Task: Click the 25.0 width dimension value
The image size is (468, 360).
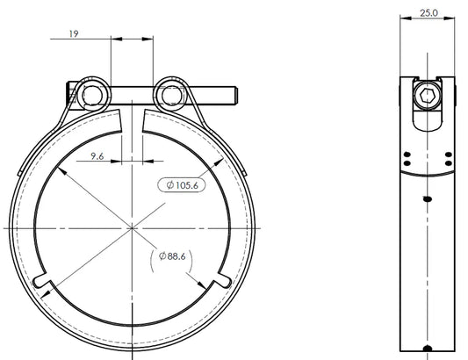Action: click(428, 13)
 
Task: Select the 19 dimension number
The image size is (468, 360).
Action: click(74, 33)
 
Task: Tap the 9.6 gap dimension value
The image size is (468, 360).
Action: click(97, 155)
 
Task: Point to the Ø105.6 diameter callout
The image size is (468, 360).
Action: click(182, 185)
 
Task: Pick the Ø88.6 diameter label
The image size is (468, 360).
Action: click(172, 256)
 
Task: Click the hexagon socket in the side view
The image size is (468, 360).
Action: click(427, 96)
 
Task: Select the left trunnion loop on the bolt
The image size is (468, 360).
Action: click(92, 96)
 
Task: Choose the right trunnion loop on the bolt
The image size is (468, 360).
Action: click(171, 96)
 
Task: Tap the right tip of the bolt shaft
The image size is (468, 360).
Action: click(237, 96)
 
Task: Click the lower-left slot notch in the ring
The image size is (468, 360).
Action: click(40, 280)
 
